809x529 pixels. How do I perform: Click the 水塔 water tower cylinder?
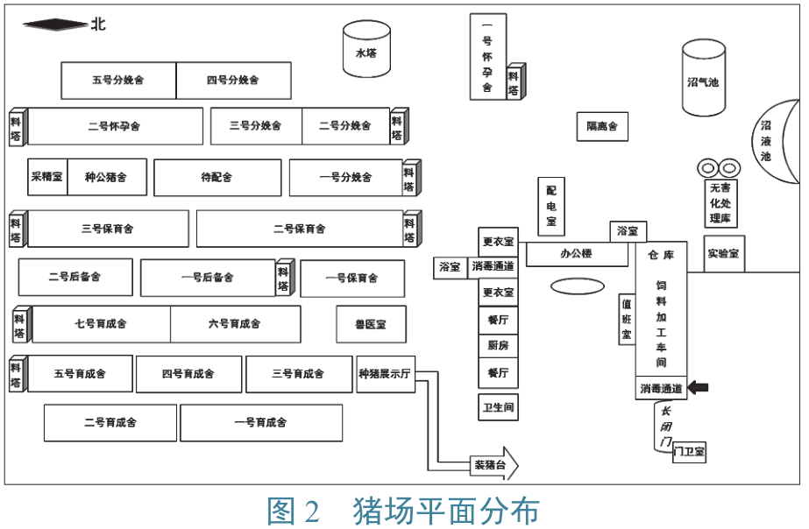366,49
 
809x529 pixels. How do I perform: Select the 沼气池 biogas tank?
704,78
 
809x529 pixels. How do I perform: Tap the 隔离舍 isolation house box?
602,126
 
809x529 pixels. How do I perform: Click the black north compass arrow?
55,25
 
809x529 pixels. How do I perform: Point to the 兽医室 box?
371,324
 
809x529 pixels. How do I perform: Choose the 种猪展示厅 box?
386,374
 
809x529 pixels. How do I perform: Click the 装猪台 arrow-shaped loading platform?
493,464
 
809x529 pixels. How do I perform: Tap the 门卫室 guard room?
689,452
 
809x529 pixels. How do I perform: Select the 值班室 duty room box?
627,319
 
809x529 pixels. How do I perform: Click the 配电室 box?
551,206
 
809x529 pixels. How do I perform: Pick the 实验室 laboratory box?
723,254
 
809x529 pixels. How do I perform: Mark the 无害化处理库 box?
720,203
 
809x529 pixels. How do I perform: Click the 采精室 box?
47,177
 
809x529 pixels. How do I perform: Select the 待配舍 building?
217,178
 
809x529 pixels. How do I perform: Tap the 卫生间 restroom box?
498,407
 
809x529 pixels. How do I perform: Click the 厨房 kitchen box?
498,345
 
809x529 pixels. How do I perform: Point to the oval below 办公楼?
577,286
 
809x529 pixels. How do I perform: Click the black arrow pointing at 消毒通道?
698,387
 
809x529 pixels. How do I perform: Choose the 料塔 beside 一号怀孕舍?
514,81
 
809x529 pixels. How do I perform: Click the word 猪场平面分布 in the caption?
446,511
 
